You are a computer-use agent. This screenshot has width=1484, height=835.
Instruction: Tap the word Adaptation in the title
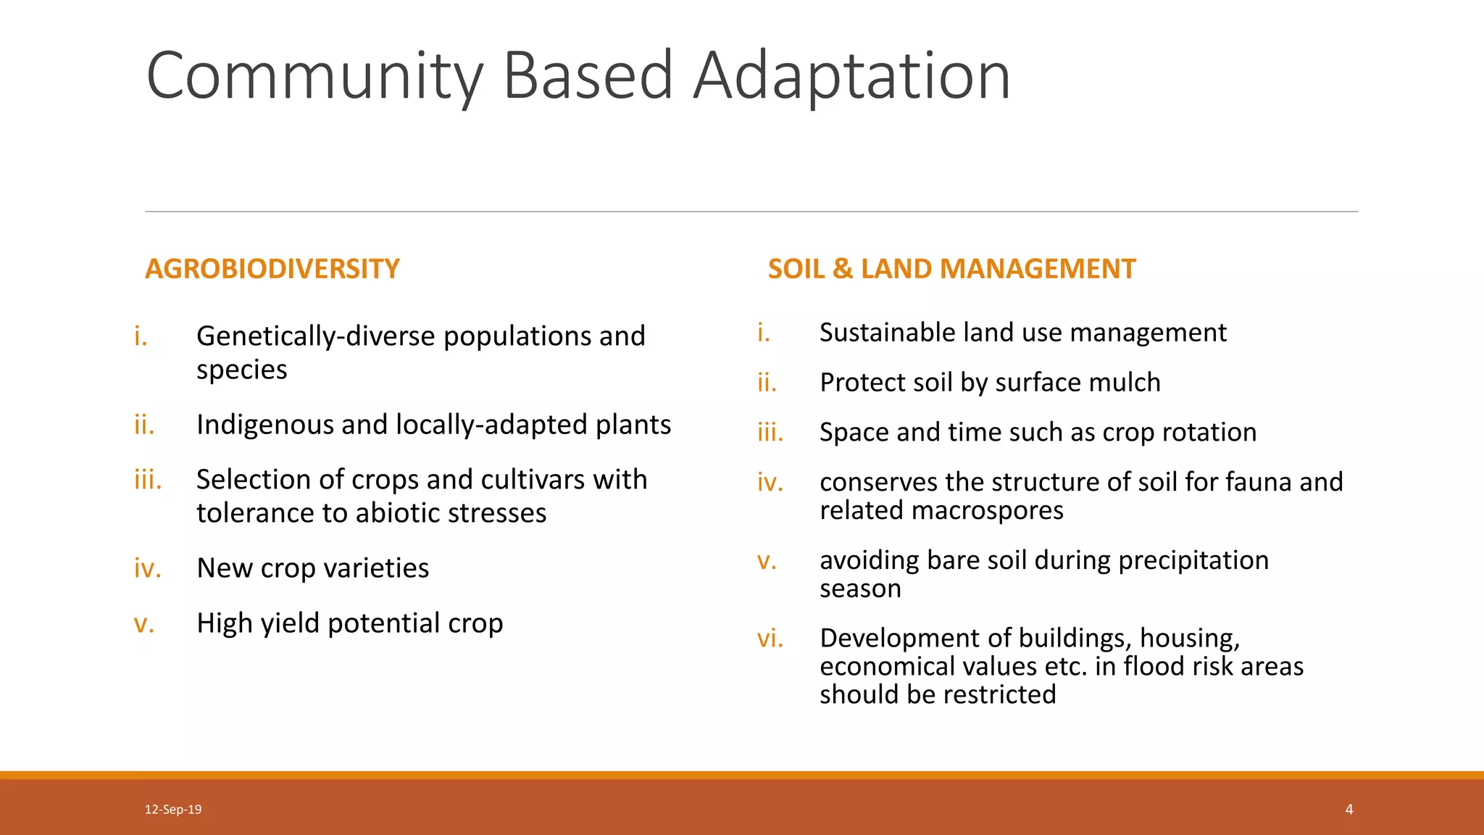pyautogui.click(x=851, y=76)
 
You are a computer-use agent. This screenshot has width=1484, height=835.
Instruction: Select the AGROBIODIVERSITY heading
pyautogui.click(x=272, y=269)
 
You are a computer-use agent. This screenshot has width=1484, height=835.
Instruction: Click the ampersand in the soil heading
pyautogui.click(x=843, y=269)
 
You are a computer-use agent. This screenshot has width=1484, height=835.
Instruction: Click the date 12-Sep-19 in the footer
pyautogui.click(x=173, y=810)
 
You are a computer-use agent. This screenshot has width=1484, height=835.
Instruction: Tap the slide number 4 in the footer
pyautogui.click(x=1349, y=810)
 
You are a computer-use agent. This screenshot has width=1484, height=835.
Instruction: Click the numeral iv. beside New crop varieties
pyautogui.click(x=148, y=568)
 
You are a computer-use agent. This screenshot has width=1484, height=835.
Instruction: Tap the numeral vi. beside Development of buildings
pyautogui.click(x=770, y=639)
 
